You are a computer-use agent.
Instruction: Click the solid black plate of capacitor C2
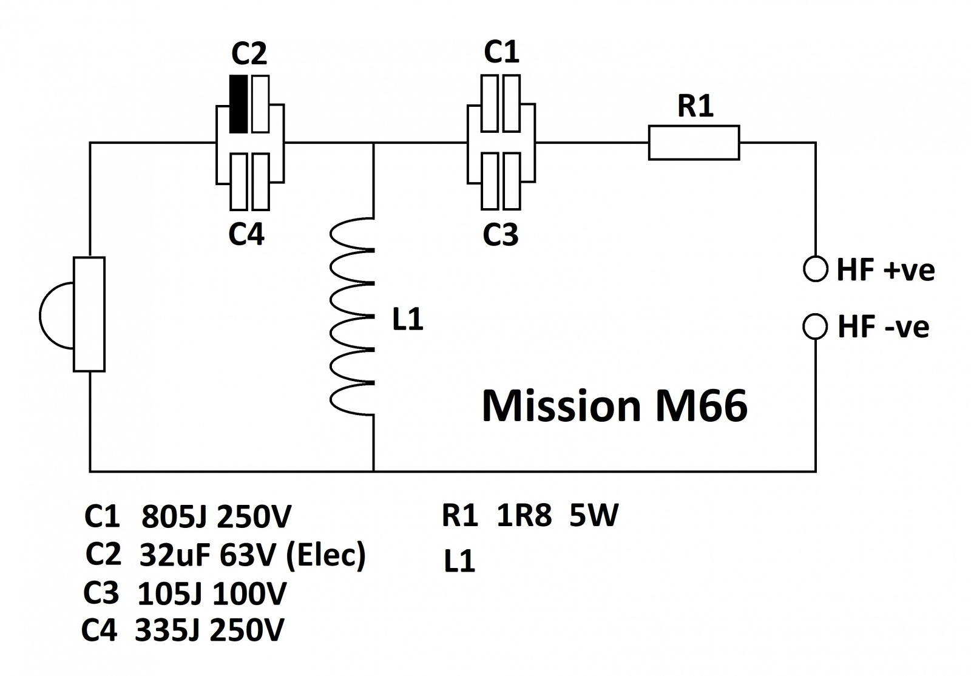click(x=239, y=104)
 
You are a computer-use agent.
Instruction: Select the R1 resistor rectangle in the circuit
click(x=694, y=143)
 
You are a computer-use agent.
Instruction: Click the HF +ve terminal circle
click(x=815, y=269)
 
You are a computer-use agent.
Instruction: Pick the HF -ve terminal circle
click(x=814, y=326)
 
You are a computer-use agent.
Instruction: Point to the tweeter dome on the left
click(x=56, y=314)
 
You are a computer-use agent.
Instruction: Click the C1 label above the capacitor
click(x=501, y=52)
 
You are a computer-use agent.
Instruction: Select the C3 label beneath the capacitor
click(x=500, y=234)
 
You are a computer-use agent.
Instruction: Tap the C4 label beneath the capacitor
click(x=246, y=234)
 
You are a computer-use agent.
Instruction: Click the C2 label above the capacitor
click(x=249, y=54)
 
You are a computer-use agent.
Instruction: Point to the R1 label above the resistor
click(x=695, y=106)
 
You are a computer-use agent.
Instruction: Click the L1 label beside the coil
click(x=407, y=319)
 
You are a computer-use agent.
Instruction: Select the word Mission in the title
click(x=561, y=405)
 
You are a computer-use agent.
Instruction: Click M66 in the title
click(x=701, y=405)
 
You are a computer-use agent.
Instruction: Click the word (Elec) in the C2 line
click(x=325, y=555)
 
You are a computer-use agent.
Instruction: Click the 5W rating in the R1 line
click(x=594, y=516)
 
